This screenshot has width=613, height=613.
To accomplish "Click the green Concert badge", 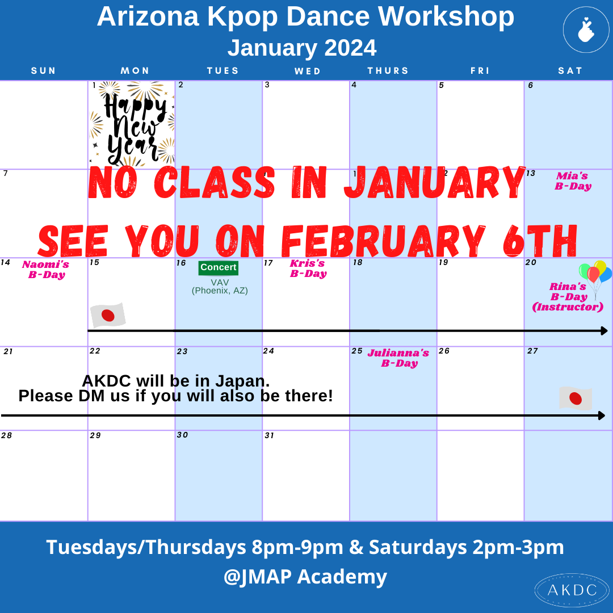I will pyautogui.click(x=219, y=268).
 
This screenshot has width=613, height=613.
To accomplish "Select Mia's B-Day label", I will pyautogui.click(x=573, y=181).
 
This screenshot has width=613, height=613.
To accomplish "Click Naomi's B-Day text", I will pyautogui.click(x=46, y=270).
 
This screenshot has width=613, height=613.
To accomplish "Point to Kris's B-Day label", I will pyautogui.click(x=308, y=268).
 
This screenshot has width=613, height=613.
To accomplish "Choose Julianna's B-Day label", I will pyautogui.click(x=398, y=358).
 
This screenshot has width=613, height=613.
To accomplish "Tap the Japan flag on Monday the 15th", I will pyautogui.click(x=108, y=315).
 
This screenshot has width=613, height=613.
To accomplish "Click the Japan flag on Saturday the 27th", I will pyautogui.click(x=576, y=398).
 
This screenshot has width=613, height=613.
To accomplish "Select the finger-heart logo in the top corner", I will pyautogui.click(x=586, y=30).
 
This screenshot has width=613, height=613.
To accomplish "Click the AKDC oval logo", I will pyautogui.click(x=572, y=590).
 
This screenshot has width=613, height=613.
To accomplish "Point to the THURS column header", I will pyautogui.click(x=388, y=71).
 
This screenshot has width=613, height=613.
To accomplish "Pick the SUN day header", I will pyautogui.click(x=44, y=71).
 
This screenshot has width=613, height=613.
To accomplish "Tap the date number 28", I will pyautogui.click(x=6, y=436).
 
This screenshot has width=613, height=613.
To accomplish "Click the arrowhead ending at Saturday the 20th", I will pyautogui.click(x=604, y=330).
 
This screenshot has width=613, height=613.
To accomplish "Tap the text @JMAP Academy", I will pyautogui.click(x=305, y=577).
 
